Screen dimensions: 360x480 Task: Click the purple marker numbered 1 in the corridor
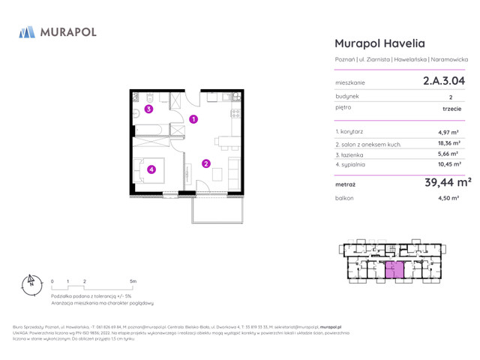(x=193, y=119)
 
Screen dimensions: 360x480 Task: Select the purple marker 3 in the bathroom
(x=149, y=109)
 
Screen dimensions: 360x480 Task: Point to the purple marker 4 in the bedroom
(x=152, y=169)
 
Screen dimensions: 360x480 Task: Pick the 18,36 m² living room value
(x=449, y=142)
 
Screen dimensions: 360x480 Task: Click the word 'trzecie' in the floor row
(x=451, y=109)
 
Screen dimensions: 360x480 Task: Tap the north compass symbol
(x=31, y=283)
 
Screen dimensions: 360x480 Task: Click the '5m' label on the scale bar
(x=133, y=281)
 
